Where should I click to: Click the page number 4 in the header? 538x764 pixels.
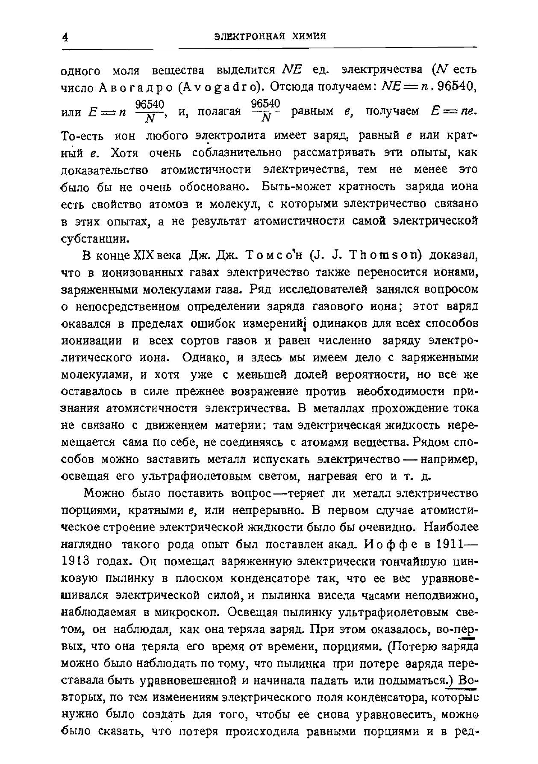pos(65,37)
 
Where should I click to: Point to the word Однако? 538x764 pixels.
pos(204,358)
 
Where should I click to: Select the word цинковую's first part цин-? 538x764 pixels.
pos(464,561)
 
